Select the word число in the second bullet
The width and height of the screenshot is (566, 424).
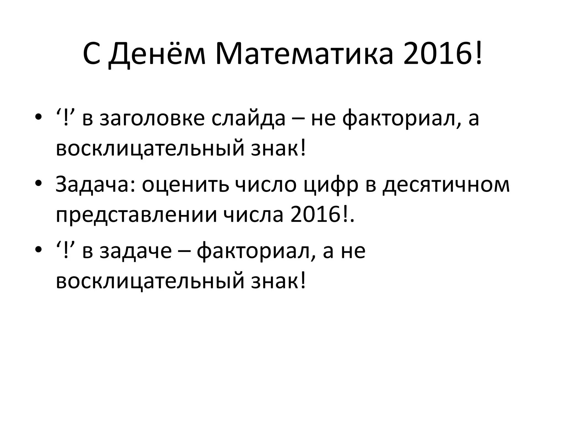coord(266,184)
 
